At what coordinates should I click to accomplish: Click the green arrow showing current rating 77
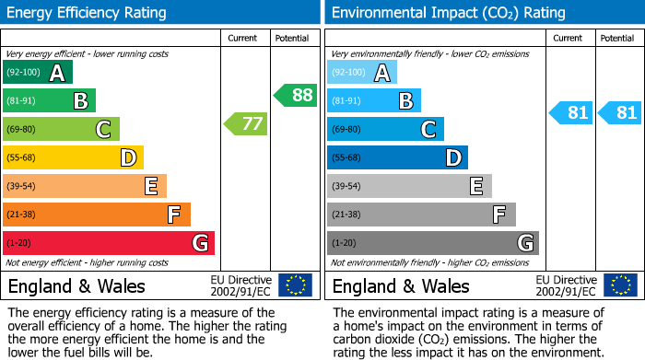245,123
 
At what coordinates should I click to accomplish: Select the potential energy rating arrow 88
295,95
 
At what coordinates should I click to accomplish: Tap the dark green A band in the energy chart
38,73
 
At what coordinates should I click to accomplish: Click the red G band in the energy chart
109,243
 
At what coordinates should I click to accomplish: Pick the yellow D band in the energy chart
74,157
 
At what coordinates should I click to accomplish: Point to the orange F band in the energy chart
97,215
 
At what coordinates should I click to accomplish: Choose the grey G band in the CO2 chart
433,243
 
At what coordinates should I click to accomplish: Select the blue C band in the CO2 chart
385,129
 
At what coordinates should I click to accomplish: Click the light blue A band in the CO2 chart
362,73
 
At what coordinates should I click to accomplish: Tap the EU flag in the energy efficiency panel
295,285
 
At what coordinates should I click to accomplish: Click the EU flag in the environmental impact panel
619,285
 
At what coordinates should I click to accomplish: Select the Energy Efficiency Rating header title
88,13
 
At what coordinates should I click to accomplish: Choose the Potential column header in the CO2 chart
616,38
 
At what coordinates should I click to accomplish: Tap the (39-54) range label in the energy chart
23,186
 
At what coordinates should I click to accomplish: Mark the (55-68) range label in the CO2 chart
347,157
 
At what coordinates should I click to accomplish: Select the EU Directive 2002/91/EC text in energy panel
240,285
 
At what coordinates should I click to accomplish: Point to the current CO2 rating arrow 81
569,113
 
